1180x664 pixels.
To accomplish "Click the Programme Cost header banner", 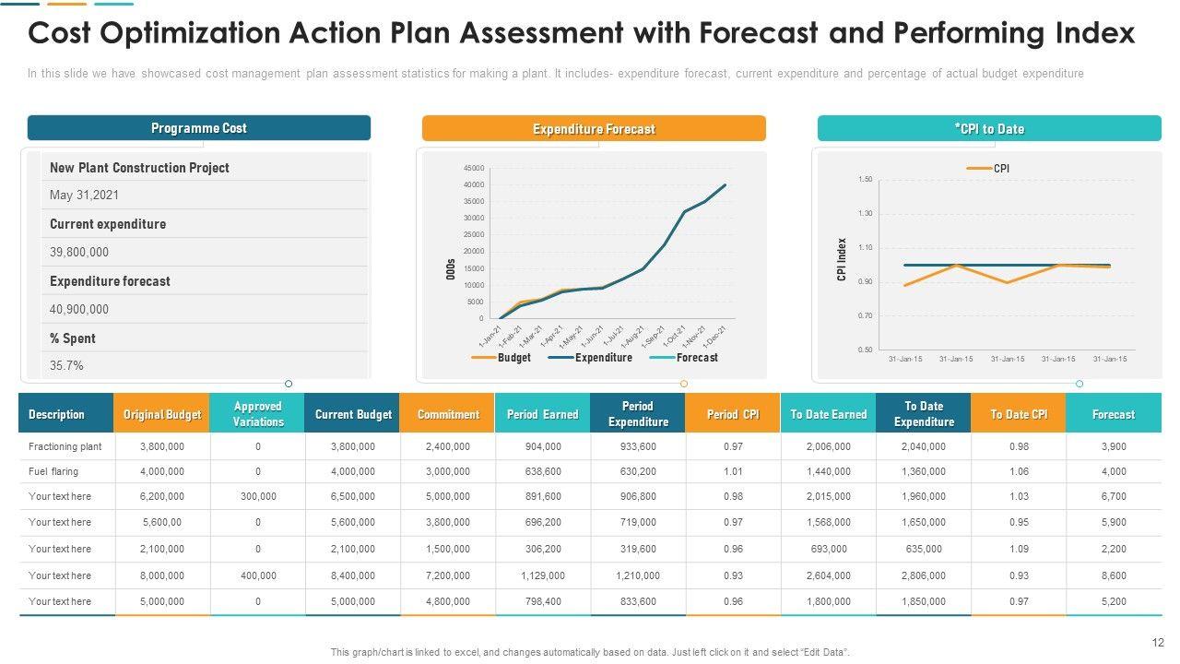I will click(198, 128).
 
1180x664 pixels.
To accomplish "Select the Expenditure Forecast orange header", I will click(594, 129).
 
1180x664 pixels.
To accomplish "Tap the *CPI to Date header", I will click(989, 129).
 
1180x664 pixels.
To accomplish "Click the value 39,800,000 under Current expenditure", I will click(79, 252).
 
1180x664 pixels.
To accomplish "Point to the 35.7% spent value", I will click(66, 365).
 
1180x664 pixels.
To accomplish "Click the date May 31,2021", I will click(84, 195).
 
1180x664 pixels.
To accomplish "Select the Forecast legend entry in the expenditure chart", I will click(696, 358).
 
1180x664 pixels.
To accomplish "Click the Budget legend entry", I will click(513, 358).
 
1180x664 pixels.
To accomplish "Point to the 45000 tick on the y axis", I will click(474, 168).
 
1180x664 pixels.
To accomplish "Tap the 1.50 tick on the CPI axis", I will click(865, 179).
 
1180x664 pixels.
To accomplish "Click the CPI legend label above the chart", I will click(1001, 169).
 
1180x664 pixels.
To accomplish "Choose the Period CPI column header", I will click(733, 414).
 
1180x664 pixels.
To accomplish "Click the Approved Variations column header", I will click(258, 414).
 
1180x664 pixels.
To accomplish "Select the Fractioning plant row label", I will click(65, 446).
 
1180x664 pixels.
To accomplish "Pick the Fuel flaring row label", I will click(53, 471).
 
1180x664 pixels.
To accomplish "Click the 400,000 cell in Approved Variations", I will click(258, 575).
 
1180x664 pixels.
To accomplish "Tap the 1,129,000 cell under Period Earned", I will click(542, 575).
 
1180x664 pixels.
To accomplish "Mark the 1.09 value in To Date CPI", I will click(1019, 549).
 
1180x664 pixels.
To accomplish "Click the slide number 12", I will click(1159, 643).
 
